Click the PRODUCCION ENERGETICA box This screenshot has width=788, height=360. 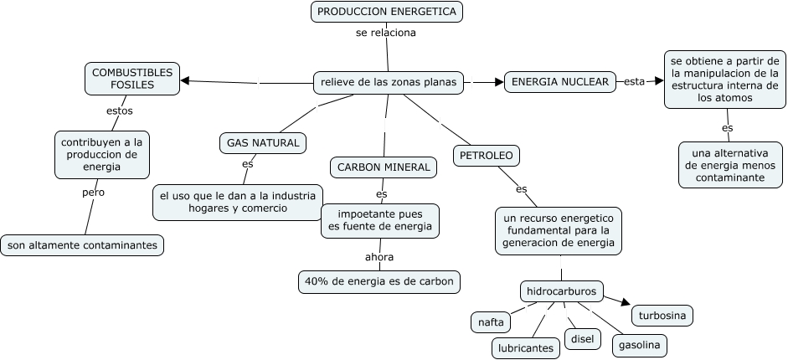tap(386, 12)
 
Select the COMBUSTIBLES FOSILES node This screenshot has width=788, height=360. tap(132, 80)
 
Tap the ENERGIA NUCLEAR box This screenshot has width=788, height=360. tap(561, 82)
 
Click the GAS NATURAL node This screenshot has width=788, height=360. tap(263, 142)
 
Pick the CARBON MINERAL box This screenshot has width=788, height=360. tap(384, 167)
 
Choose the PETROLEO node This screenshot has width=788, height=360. tap(487, 155)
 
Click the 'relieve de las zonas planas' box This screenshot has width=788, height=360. tap(388, 82)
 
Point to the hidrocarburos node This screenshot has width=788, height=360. tap(561, 291)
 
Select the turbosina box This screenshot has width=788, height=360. tap(662, 316)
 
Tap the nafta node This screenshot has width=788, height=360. tap(492, 321)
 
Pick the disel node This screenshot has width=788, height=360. tap(582, 339)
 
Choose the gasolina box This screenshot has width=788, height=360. tap(640, 344)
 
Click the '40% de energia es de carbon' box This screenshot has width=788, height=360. tap(379, 281)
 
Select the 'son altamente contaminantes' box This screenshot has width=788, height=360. tap(82, 245)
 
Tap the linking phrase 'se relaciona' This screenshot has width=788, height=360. tap(385, 33)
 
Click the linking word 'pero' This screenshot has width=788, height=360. tap(93, 192)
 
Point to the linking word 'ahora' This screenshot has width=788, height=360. tap(379, 257)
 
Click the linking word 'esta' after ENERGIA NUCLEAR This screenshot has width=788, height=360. tap(635, 81)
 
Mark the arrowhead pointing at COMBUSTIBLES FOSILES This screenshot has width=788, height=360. tap(186, 80)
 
